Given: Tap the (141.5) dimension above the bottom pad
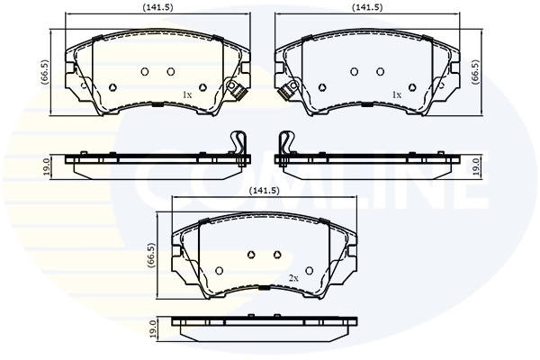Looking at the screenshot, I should coord(261,191).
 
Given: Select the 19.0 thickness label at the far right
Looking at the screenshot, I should coord(478,165).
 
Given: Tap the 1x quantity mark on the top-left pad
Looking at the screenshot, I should coord(187,94).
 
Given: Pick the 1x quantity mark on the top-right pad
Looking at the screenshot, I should coord(395,94).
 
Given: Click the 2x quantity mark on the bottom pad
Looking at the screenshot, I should coord(292,278).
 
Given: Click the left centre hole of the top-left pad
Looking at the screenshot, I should coord(144,72).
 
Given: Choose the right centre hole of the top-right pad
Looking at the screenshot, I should coord(380,72).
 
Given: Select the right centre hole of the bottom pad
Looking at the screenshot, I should coord(275,255).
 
